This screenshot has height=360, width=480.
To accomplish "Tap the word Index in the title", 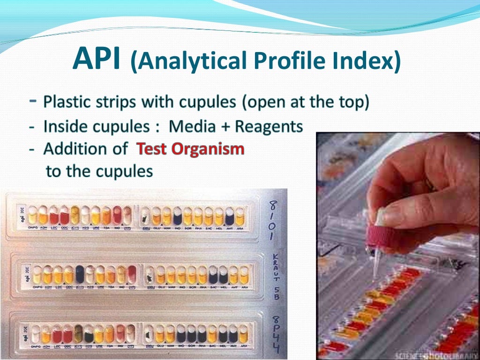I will coord(370,61).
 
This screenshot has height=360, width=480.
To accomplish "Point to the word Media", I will coord(193,127).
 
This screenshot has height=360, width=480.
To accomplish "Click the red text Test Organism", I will coord(190,149).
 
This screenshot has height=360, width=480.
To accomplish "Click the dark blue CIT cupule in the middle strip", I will coord(80,275).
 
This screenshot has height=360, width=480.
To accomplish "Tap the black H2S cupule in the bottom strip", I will coord(89,334).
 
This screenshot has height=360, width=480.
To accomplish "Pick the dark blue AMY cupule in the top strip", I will coord(229,216).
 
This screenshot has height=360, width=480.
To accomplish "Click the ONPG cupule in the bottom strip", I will coord(35,334).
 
